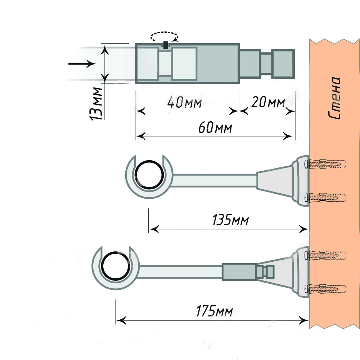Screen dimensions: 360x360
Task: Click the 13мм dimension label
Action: click(x=96, y=104)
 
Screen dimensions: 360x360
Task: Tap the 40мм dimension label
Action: click(x=185, y=102)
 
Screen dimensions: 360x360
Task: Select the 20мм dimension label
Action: click(x=268, y=102)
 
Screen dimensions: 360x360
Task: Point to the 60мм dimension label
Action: click(x=215, y=128)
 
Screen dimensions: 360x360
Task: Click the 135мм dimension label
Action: click(x=230, y=220)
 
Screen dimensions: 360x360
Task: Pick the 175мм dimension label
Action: click(x=215, y=311)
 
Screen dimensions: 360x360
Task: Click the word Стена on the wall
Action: click(x=334, y=98)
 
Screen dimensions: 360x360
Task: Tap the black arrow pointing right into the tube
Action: click(x=82, y=63)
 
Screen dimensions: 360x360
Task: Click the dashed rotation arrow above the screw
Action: click(x=165, y=36)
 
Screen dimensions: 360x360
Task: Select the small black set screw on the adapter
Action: click(x=165, y=45)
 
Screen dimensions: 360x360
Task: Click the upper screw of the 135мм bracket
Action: click(x=325, y=164)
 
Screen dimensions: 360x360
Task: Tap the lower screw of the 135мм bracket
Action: click(x=325, y=197)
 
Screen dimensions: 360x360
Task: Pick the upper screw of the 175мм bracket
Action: click(x=325, y=255)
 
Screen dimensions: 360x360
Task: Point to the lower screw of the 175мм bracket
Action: click(x=325, y=289)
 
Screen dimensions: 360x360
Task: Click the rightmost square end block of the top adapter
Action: click(x=283, y=64)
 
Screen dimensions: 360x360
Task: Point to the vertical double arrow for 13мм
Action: click(x=105, y=64)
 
